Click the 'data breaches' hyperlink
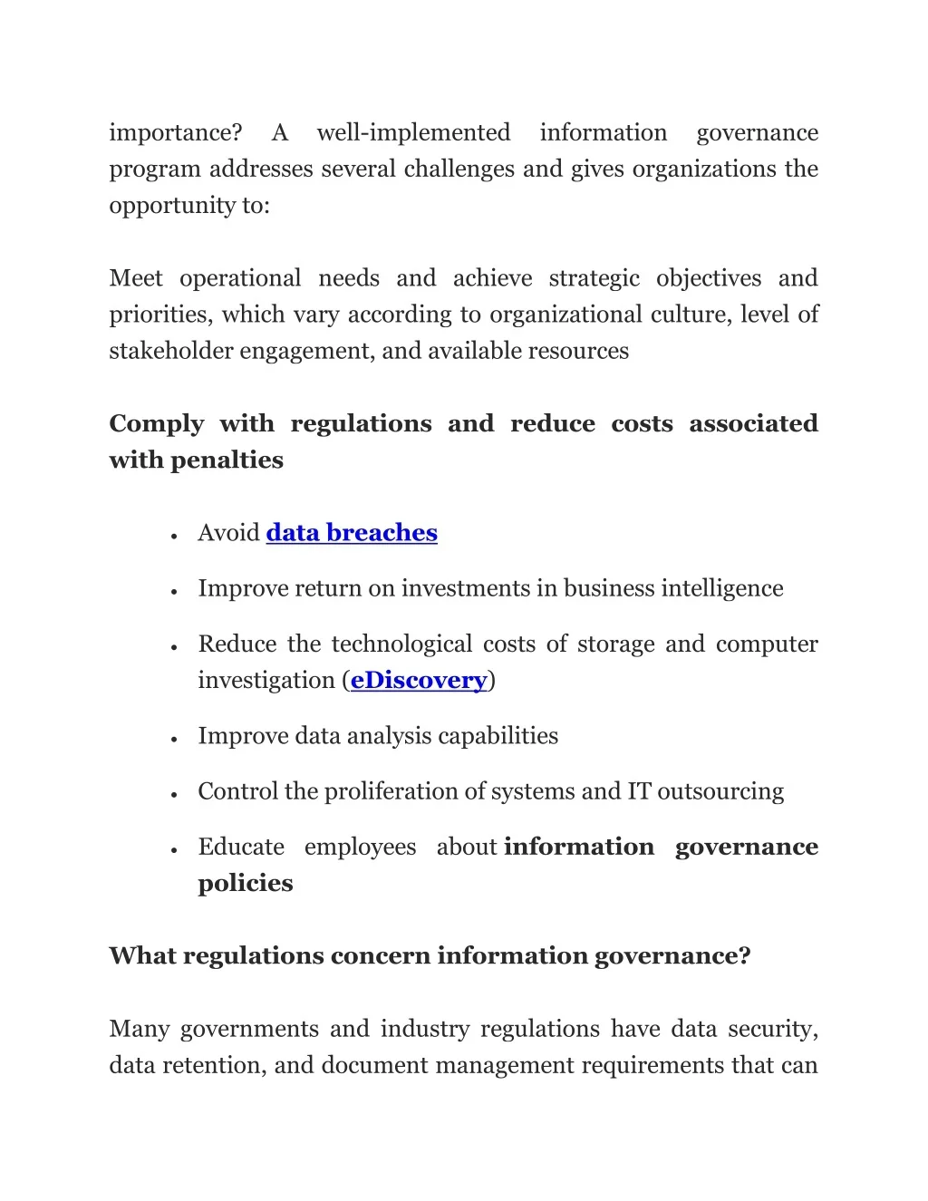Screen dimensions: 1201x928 point(352,533)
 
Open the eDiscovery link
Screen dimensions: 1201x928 point(419,681)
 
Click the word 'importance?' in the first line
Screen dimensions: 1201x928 point(176,133)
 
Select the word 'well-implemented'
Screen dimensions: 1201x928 point(413,133)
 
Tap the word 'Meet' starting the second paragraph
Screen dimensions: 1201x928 point(136,278)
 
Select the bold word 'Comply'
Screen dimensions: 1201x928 point(157,424)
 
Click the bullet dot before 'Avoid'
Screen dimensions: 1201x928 point(172,537)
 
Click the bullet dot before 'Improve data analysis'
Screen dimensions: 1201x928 point(172,740)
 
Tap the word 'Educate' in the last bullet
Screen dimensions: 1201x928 point(241,847)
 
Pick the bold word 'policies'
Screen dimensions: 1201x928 point(246,884)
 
